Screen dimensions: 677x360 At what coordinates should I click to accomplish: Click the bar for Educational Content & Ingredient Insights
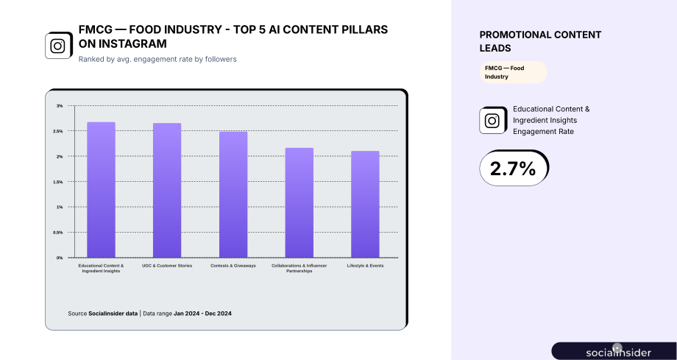[101, 190]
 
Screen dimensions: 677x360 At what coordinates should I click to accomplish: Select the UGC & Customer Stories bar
[167, 190]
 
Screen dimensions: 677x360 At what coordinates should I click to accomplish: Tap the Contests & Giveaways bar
[233, 194]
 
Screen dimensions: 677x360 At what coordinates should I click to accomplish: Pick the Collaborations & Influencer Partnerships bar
[299, 202]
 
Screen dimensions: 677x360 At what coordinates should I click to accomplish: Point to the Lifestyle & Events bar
[365, 205]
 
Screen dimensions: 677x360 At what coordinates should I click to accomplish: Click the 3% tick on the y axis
[60, 106]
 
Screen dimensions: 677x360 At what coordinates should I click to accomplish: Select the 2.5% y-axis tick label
[58, 131]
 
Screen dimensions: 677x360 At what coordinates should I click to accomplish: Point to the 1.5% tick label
[58, 182]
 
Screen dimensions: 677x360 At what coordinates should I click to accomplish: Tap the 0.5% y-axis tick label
[58, 233]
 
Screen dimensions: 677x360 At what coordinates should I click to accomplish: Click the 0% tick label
[60, 258]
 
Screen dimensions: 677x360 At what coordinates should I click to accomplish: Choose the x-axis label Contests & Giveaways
[233, 266]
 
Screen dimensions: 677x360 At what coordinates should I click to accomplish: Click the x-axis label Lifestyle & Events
[365, 266]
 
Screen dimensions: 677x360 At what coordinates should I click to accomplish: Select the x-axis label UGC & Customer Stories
[167, 266]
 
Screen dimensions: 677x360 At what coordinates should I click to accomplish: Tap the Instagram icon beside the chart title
[58, 46]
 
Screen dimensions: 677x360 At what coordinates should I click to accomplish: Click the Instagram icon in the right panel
[492, 121]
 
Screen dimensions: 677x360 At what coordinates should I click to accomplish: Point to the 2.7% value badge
[514, 168]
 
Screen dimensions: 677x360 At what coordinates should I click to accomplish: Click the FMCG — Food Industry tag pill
[513, 72]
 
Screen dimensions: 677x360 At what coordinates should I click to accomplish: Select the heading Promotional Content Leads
[540, 41]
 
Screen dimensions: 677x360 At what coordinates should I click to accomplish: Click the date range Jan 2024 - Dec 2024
[202, 314]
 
